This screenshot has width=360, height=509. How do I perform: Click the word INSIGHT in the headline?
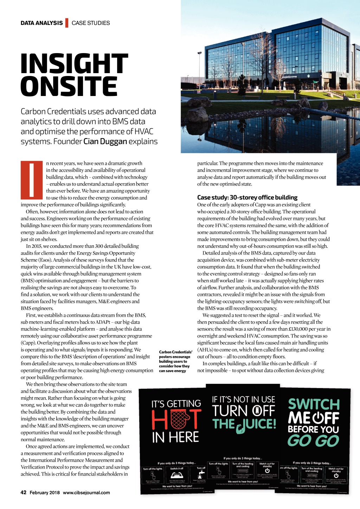tap(74, 64)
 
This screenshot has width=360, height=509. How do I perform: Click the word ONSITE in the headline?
tap(69, 86)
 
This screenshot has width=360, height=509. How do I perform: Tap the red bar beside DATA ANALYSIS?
tap(67, 23)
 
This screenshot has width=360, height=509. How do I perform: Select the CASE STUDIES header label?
tap(91, 23)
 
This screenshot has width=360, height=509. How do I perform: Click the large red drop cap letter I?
tap(32, 180)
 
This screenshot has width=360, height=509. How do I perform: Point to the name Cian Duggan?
tap(105, 141)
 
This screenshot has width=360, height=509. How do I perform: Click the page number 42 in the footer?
tap(24, 492)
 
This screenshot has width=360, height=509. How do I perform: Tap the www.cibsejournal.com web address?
tap(86, 492)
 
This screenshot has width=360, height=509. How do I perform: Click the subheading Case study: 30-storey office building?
tap(247, 198)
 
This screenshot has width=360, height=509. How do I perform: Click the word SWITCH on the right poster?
tap(314, 404)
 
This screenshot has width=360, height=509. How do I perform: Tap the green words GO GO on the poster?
tap(313, 440)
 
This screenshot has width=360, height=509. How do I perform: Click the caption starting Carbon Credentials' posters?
tap(175, 361)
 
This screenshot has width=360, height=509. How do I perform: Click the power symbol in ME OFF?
tap(318, 418)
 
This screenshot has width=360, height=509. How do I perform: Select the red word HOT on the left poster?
tap(176, 419)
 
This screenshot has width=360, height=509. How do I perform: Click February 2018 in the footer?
tap(45, 492)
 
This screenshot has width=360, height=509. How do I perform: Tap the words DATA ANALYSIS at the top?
tap(41, 23)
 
